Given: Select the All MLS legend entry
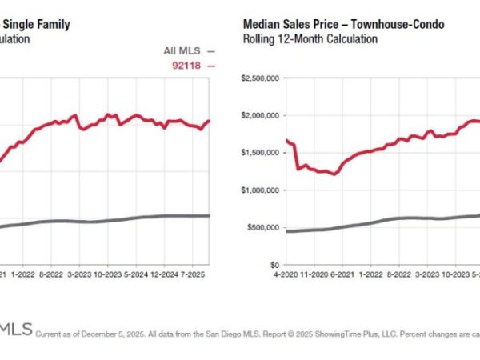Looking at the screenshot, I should click(x=183, y=51).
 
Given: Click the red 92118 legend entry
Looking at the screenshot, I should click(x=190, y=66).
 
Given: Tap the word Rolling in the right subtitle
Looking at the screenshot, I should click(x=258, y=38).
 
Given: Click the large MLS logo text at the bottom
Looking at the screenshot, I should click(x=15, y=329).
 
